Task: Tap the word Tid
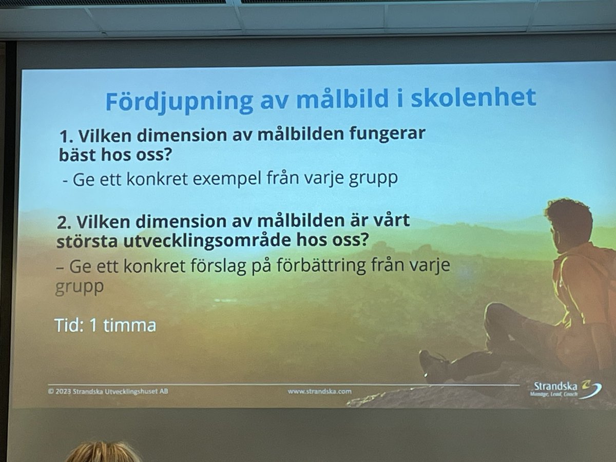(x=69, y=326)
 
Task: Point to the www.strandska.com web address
(x=319, y=391)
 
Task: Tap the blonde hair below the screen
(x=103, y=452)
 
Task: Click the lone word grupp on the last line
(x=79, y=287)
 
